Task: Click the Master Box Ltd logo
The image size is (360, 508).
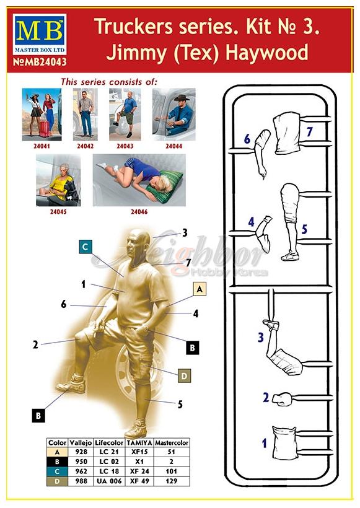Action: pos(40,34)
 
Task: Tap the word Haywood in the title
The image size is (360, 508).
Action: pos(266,53)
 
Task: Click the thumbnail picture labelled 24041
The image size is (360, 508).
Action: pos(42,115)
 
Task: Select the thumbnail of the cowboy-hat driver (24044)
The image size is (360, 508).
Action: pos(174,115)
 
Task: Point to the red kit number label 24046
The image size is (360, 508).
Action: pos(139,212)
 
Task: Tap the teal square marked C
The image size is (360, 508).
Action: pos(86,247)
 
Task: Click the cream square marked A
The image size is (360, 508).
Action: pos(200,289)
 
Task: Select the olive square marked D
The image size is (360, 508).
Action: pos(184,376)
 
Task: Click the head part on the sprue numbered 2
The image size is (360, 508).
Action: pos(282,399)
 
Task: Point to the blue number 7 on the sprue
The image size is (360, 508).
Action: pos(309,132)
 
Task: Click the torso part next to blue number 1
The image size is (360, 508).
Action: pos(284,443)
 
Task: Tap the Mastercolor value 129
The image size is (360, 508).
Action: pos(172,481)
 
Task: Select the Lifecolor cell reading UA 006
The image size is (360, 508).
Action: pos(109,481)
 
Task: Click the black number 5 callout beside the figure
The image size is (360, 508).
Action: pos(180,405)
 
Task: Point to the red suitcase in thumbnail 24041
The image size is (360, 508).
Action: pos(45,129)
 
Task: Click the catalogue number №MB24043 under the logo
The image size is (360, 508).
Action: pos(40,62)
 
